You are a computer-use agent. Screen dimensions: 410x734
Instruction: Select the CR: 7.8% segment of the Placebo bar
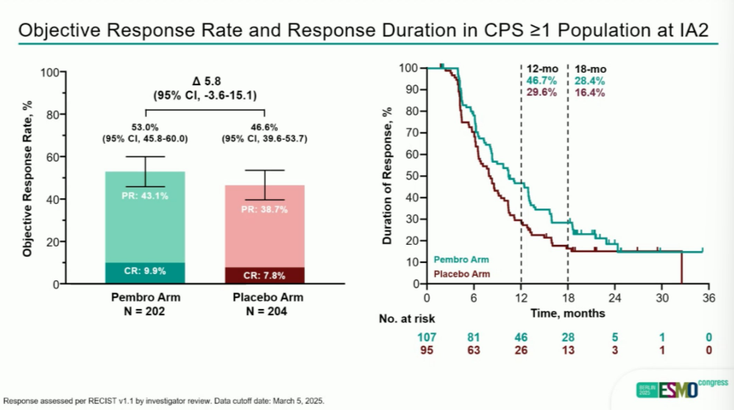tap(264, 276)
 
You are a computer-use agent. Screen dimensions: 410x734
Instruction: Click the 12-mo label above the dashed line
tap(541, 70)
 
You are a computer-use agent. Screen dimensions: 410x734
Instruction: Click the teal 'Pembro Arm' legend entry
tap(461, 258)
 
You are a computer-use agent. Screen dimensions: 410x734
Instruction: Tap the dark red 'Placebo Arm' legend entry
tap(462, 273)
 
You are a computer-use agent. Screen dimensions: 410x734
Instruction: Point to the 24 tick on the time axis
tap(616, 298)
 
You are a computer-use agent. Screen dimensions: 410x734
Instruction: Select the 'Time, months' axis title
tap(567, 313)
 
